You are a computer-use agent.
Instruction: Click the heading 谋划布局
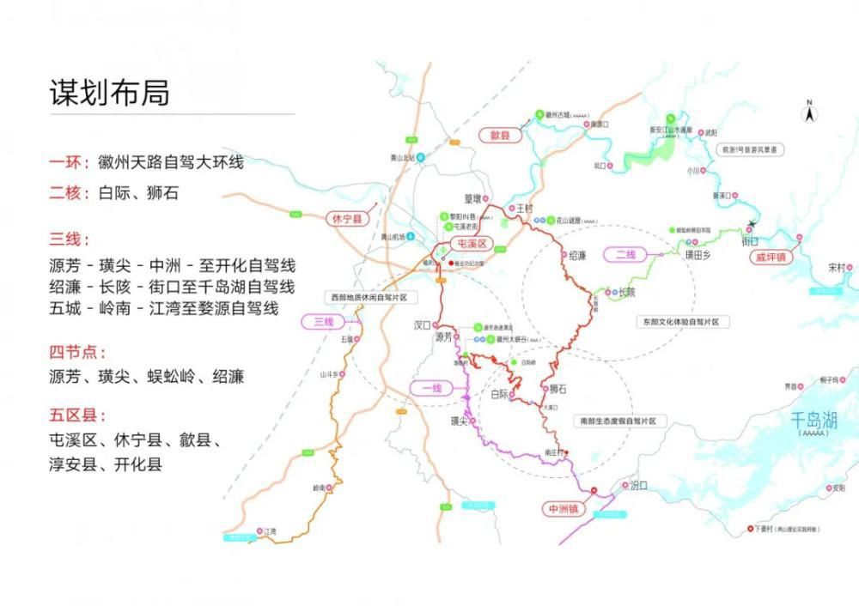pyautogui.click(x=109, y=93)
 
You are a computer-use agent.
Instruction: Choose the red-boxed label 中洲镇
pyautogui.click(x=564, y=509)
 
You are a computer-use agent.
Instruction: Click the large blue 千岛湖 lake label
pyautogui.click(x=813, y=421)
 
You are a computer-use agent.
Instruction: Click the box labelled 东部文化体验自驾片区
pyautogui.click(x=684, y=322)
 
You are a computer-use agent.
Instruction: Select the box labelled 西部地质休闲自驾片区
pyautogui.click(x=369, y=297)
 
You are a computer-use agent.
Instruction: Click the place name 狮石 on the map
pyautogui.click(x=558, y=389)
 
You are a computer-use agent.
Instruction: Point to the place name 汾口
pyautogui.click(x=638, y=486)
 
